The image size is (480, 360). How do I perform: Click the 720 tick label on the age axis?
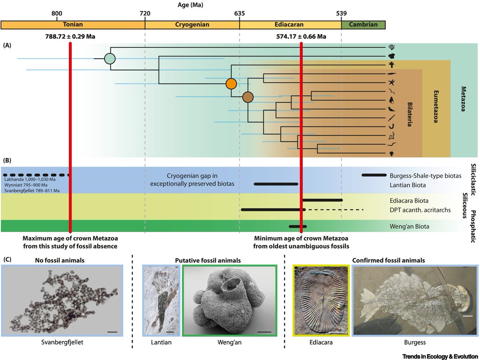pos(145,14)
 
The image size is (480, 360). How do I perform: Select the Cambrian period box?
pos(363,25)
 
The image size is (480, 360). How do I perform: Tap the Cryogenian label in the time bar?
pos(192,24)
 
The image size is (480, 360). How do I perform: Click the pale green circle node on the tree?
pos(110,58)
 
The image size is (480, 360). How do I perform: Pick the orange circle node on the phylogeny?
pos(231,84)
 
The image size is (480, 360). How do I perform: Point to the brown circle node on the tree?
pos(248,97)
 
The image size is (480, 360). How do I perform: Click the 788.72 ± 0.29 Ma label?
pos(70,36)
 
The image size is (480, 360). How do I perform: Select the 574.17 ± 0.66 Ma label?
pos(301,36)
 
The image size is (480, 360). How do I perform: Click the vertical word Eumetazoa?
pos(436,107)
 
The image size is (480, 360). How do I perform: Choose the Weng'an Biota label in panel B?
pos(409,226)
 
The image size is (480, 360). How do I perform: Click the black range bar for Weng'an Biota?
pos(298,226)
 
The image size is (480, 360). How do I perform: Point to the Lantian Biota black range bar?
pos(276,184)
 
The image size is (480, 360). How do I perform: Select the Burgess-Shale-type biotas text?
pos(426,176)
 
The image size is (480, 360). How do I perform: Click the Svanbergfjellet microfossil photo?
pos(62,300)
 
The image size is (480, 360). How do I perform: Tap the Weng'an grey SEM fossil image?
pos(230,300)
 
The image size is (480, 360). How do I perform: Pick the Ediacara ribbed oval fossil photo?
pos(321,300)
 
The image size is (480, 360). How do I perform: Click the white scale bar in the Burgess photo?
pos(468,316)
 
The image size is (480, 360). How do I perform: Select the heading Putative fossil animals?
pos(208,260)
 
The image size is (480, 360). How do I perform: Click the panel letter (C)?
pos(7,260)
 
